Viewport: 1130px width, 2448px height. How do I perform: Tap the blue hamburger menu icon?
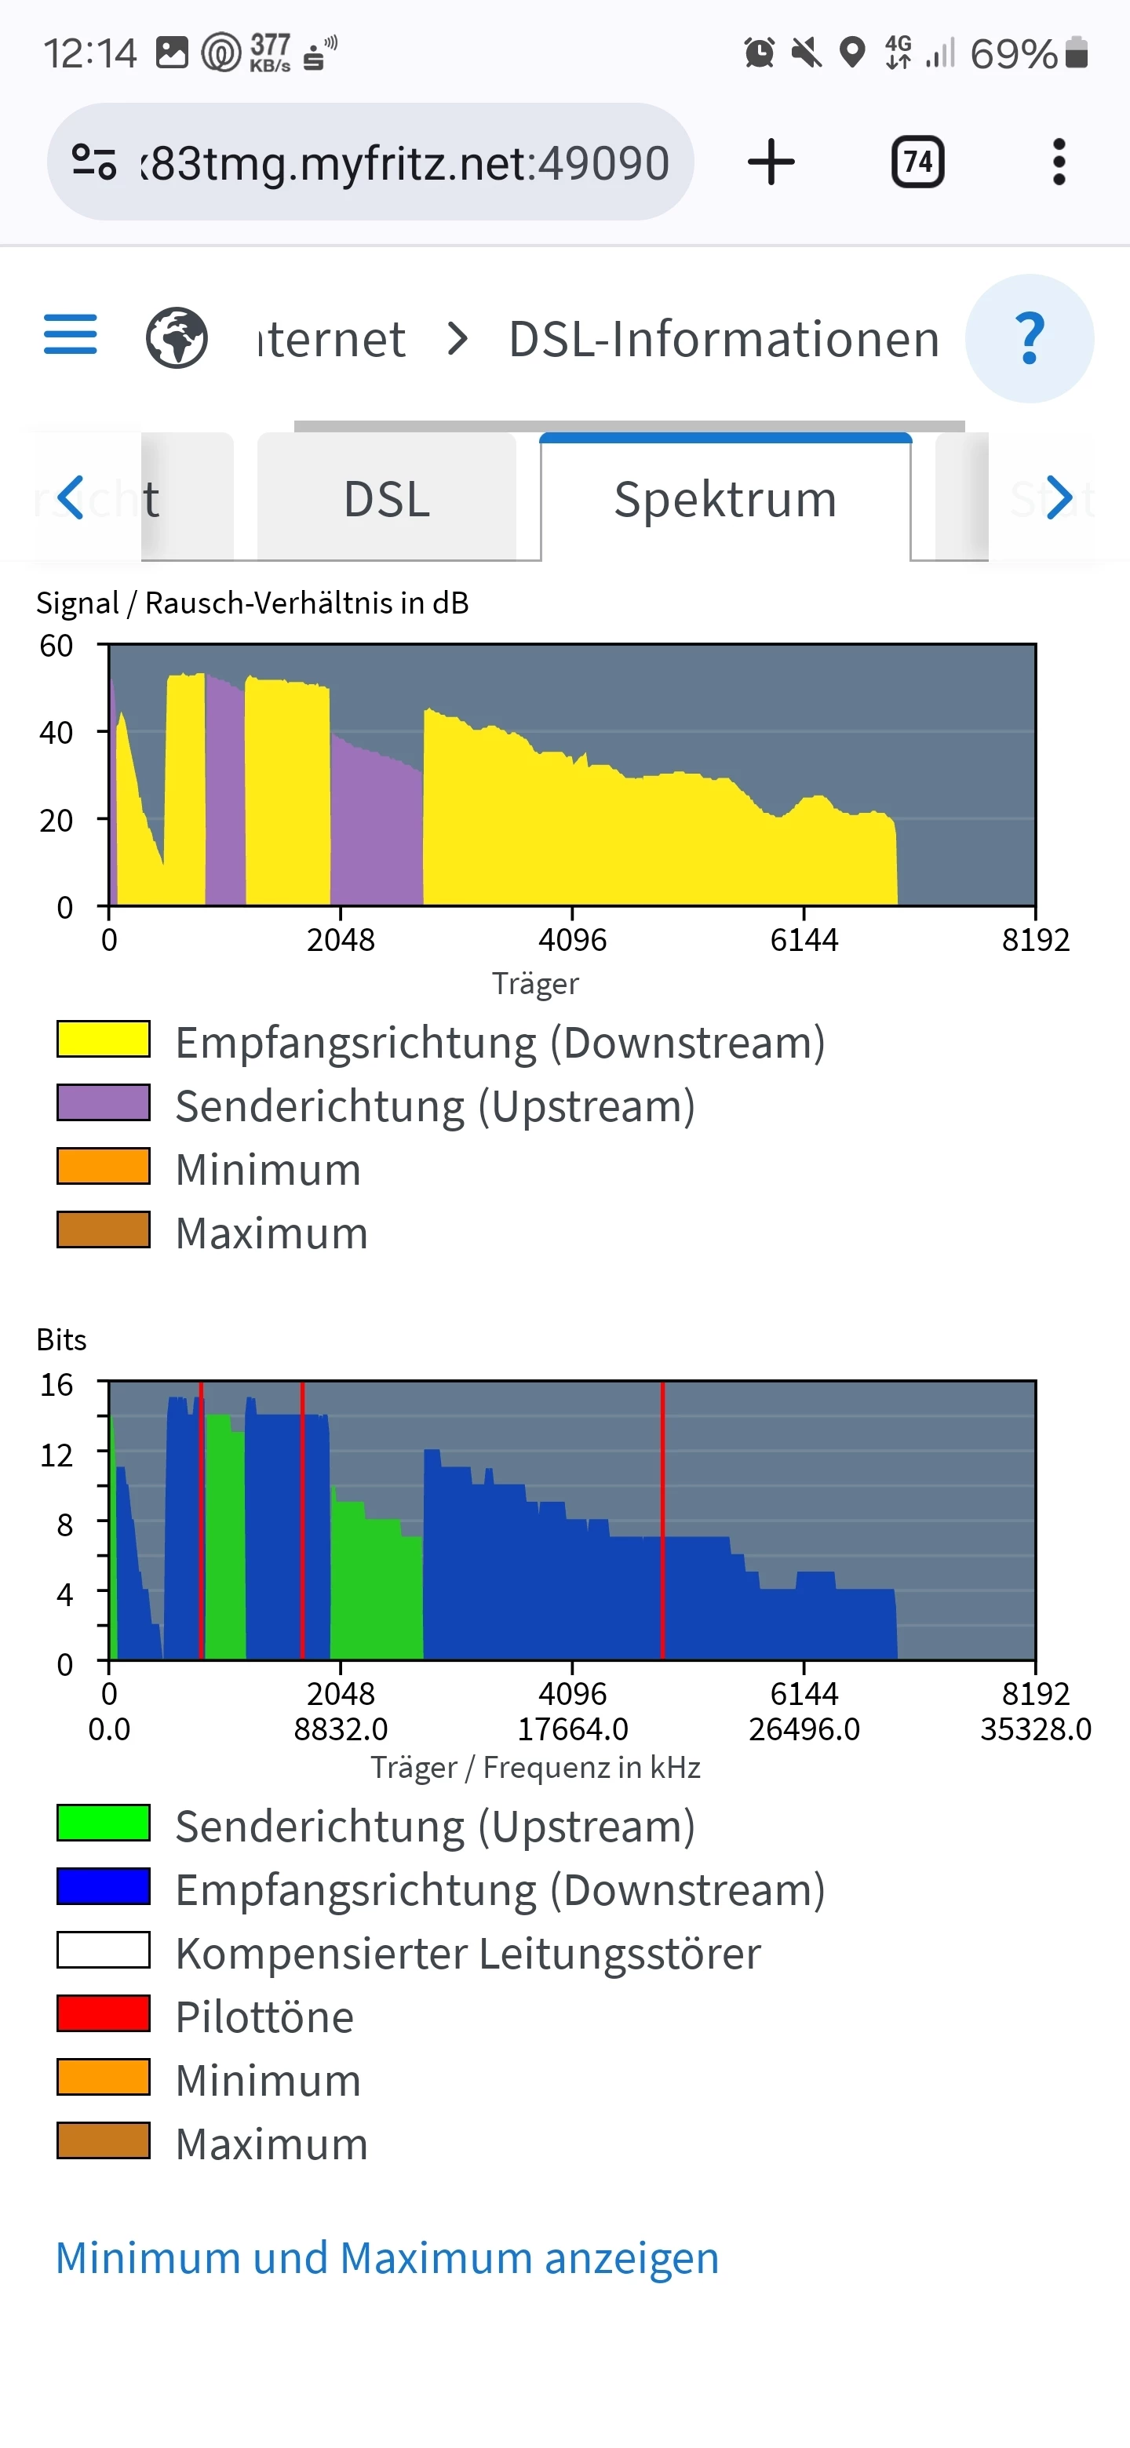click(71, 334)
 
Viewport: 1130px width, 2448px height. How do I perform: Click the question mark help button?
click(1030, 338)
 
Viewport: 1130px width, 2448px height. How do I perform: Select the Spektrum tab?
click(725, 499)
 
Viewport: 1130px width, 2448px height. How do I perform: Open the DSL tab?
click(387, 499)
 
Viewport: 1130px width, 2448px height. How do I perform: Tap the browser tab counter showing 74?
click(917, 162)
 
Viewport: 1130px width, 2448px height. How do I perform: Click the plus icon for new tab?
click(771, 162)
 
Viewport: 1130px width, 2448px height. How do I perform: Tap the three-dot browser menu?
click(1059, 162)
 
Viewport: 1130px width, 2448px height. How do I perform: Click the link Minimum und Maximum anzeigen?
click(387, 2258)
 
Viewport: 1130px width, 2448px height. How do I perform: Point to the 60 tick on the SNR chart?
click(56, 647)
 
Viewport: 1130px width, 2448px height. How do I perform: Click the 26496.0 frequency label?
click(804, 1729)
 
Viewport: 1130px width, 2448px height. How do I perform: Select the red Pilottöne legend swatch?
click(104, 2013)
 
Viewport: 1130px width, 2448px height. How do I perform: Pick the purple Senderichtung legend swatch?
click(104, 1103)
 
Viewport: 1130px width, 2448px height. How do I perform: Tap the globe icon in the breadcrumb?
click(177, 338)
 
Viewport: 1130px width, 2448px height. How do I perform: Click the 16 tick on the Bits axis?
click(56, 1385)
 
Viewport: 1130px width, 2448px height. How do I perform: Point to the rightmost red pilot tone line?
click(662, 1521)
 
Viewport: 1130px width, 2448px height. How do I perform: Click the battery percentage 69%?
click(1013, 54)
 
